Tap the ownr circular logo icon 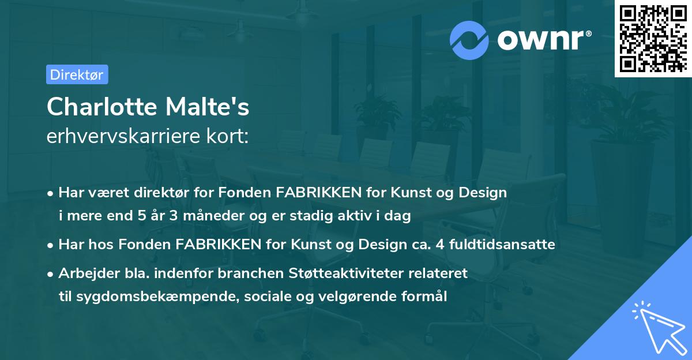coord(468,40)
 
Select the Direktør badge coord(77,74)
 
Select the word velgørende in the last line coord(360,297)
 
